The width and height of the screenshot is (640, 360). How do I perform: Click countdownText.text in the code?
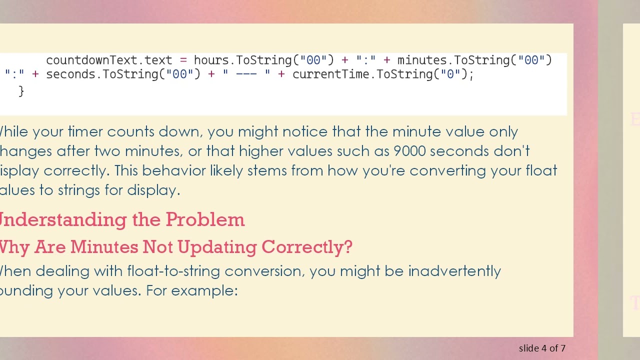click(109, 60)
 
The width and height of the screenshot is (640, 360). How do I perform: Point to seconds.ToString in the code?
click(102, 74)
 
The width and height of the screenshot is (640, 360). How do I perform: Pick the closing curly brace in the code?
click(21, 91)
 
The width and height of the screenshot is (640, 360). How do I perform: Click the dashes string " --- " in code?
click(246, 74)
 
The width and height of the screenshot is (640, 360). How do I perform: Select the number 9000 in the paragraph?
click(409, 151)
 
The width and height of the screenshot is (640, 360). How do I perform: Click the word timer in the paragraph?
click(84, 131)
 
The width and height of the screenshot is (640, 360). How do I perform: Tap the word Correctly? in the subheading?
click(306, 247)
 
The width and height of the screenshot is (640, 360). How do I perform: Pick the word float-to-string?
click(173, 271)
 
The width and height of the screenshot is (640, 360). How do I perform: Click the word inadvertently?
click(454, 271)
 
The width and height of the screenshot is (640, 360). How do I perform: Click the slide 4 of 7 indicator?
click(542, 348)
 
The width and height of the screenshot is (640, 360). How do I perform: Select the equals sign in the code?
click(183, 60)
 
